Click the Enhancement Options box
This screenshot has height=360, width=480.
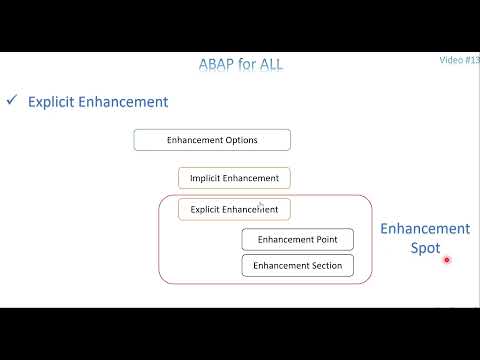coord(212,140)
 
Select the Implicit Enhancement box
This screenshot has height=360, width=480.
coord(235,178)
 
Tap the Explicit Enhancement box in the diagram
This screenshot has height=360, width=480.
coord(235,210)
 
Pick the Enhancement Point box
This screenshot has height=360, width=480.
coord(297,240)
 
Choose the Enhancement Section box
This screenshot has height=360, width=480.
coord(297,266)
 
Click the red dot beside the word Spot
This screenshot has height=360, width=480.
coord(447,261)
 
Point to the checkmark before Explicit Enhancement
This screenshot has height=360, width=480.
coord(12,101)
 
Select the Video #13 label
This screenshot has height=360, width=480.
coord(459,60)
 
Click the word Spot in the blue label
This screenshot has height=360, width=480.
coord(425,248)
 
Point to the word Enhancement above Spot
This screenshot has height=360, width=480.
coord(425,229)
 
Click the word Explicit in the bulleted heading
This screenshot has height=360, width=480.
coord(52,102)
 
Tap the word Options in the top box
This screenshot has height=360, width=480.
coord(240,140)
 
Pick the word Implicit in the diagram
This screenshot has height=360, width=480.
coord(208,178)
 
